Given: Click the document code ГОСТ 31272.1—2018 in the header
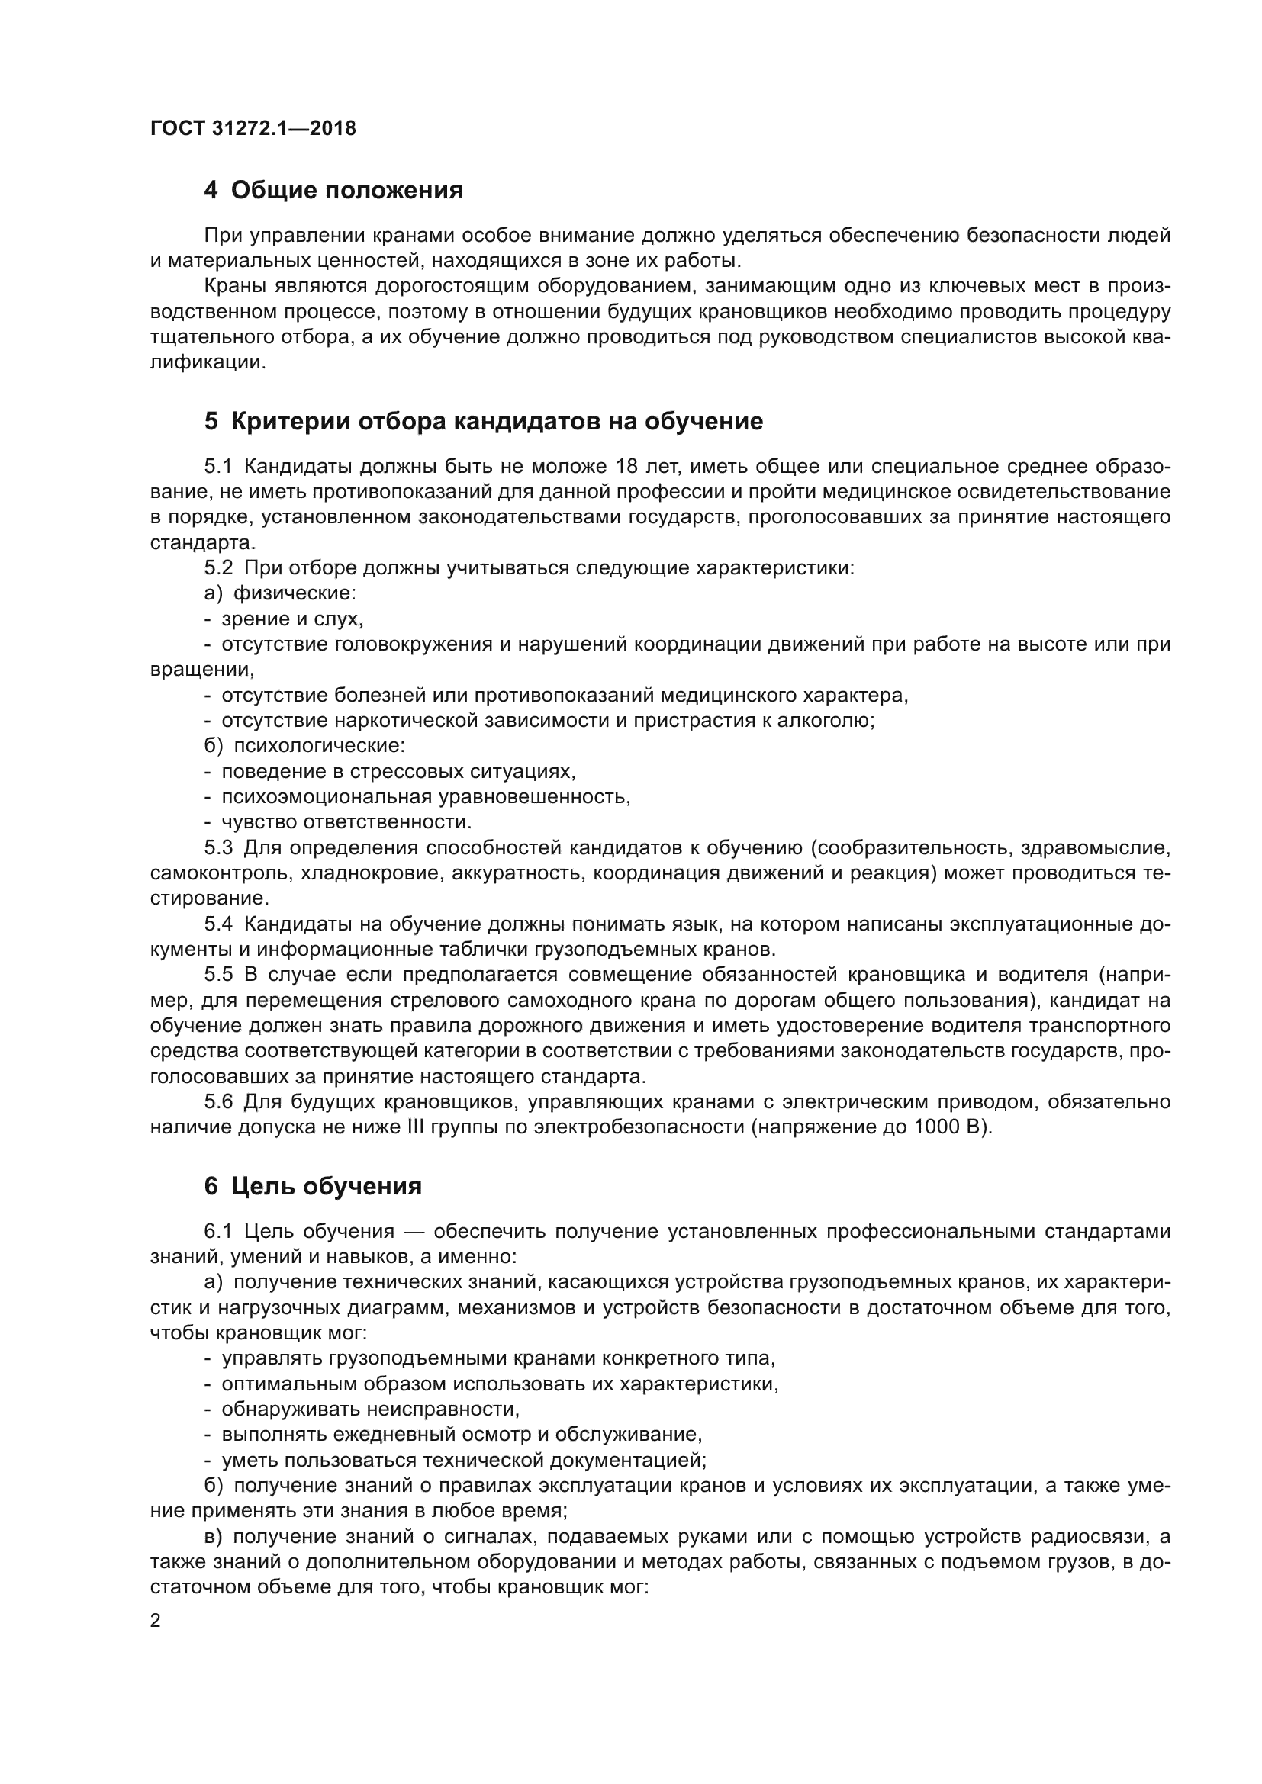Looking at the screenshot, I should coord(253,128).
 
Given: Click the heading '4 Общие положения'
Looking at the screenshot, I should coord(333,191).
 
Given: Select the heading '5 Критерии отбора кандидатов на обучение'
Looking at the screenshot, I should coord(483,422).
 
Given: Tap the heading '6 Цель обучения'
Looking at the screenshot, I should coord(313,1186).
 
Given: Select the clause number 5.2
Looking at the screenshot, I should coord(218,568).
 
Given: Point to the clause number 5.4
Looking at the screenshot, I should coord(218,924).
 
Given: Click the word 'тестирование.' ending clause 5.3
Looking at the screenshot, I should coord(210,899).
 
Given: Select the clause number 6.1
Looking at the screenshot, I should coord(218,1232).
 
